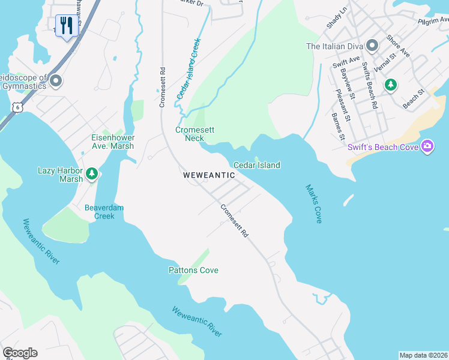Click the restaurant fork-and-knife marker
[x=65, y=26]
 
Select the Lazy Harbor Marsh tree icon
[x=92, y=174]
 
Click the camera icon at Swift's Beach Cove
[x=427, y=146]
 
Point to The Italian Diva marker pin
[x=372, y=46]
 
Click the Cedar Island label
[x=256, y=165]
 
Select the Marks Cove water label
[x=313, y=204]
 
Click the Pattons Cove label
[x=193, y=270]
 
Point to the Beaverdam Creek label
[x=104, y=211]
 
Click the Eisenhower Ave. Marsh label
[x=112, y=141]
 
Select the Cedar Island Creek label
[x=188, y=69]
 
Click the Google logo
[x=20, y=353]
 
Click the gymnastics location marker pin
[x=56, y=80]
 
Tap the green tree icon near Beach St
[x=391, y=85]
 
